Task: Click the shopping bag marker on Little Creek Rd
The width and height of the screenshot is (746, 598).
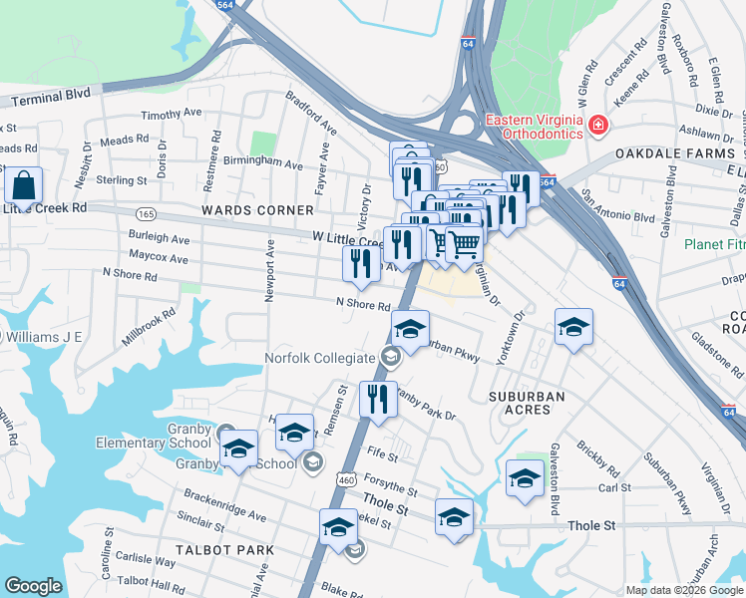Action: [23, 186]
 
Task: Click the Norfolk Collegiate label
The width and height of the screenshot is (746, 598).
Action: [319, 358]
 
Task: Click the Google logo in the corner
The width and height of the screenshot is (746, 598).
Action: [33, 586]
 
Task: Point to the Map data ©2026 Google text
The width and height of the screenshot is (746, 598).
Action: [683, 590]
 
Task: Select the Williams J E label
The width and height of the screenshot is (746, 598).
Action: [45, 337]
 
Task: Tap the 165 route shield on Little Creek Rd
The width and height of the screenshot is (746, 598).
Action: [147, 213]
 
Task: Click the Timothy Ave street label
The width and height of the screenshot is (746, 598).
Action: [172, 116]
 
